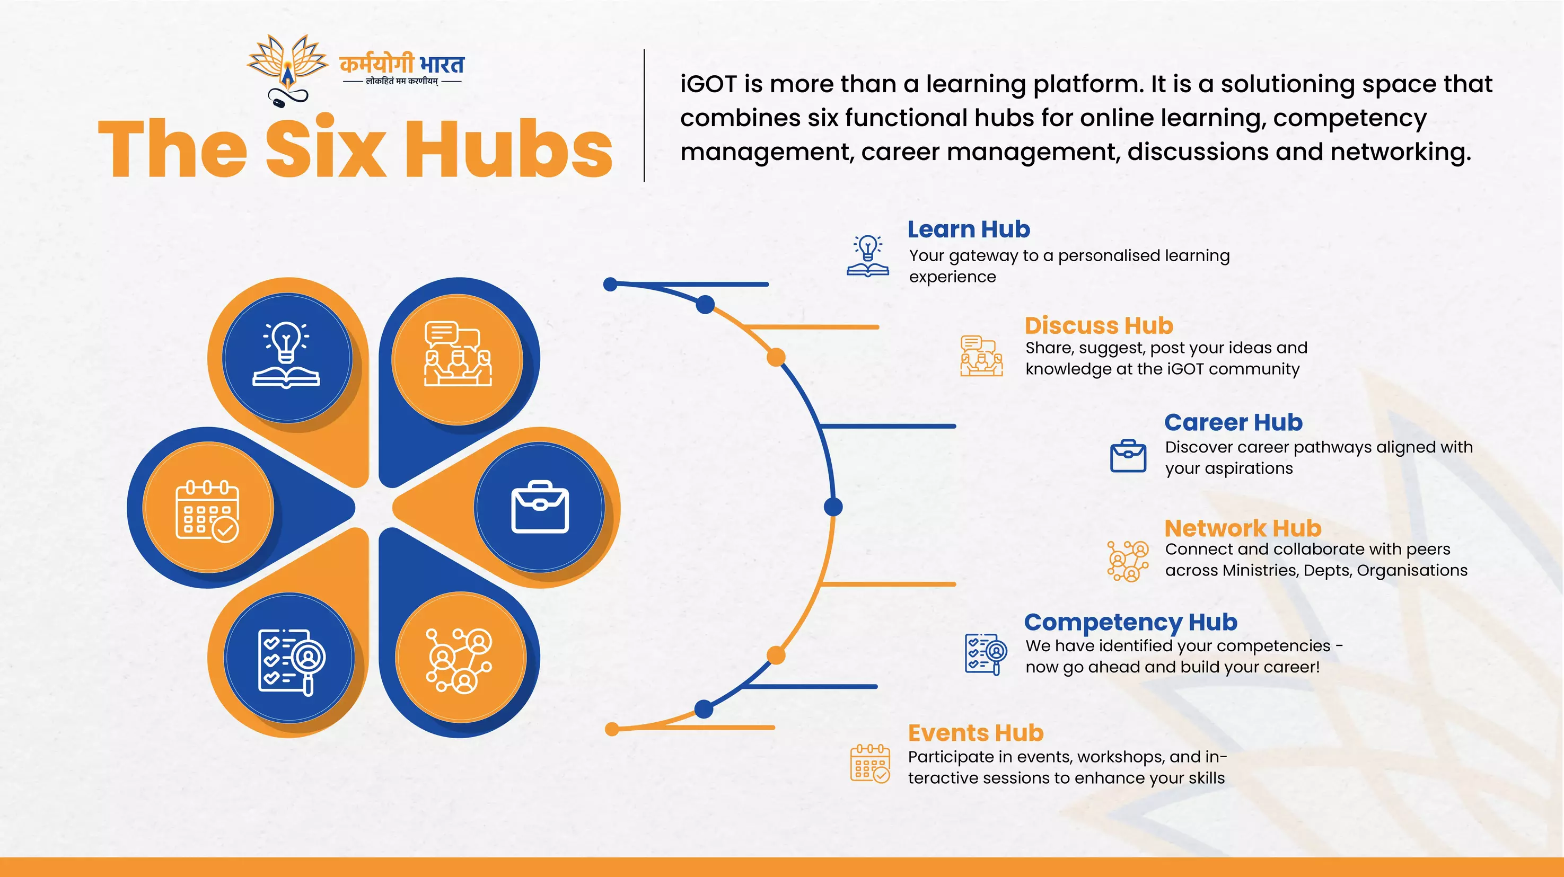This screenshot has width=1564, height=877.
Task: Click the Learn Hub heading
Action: pos(969,229)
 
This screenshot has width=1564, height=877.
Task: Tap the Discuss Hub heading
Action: pos(1099,326)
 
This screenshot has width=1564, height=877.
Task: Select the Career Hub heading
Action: pos(1233,422)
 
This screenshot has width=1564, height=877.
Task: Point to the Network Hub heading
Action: pos(1243,529)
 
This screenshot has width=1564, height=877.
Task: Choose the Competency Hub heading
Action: pos(1130,623)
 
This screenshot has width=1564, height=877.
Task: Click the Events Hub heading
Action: pos(976,733)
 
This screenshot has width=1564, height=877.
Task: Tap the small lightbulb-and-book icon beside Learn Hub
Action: pos(868,256)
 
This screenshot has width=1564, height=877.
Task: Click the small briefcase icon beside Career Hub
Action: pos(1128,456)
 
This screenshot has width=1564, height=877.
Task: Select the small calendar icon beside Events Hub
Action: pos(870,764)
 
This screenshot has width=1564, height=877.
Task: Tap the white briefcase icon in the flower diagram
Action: pos(540,507)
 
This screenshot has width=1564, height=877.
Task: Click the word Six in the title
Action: pos(326,149)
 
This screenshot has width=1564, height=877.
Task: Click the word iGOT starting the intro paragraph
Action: pos(708,84)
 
